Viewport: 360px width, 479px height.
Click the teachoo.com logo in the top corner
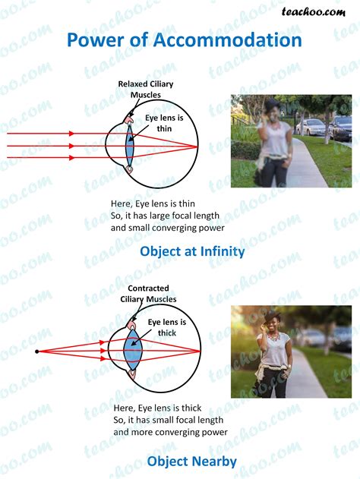pos(314,12)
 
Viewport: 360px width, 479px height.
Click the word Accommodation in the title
pos(227,39)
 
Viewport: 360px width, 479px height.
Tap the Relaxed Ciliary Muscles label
pos(146,90)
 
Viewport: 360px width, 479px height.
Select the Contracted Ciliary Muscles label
pos(148,294)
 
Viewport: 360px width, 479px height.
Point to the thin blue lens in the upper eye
pos(130,146)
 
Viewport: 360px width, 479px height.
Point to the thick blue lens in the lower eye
pos(133,351)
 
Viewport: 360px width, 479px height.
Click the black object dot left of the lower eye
pos(37,351)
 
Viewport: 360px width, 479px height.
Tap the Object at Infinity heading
pos(192,251)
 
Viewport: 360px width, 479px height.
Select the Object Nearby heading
pos(192,462)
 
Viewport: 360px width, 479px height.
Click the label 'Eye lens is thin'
pos(164,123)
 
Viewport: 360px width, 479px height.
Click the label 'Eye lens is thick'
pos(167,327)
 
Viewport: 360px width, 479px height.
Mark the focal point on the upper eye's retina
pos(197,147)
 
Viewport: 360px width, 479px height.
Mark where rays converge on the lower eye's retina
pos(201,351)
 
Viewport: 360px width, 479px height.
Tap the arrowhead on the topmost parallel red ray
pos(71,134)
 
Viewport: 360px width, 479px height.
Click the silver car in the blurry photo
pos(311,127)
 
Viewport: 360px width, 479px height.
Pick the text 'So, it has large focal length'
pos(165,216)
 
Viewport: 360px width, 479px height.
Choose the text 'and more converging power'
pos(171,432)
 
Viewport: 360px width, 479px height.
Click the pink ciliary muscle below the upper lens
pos(130,169)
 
